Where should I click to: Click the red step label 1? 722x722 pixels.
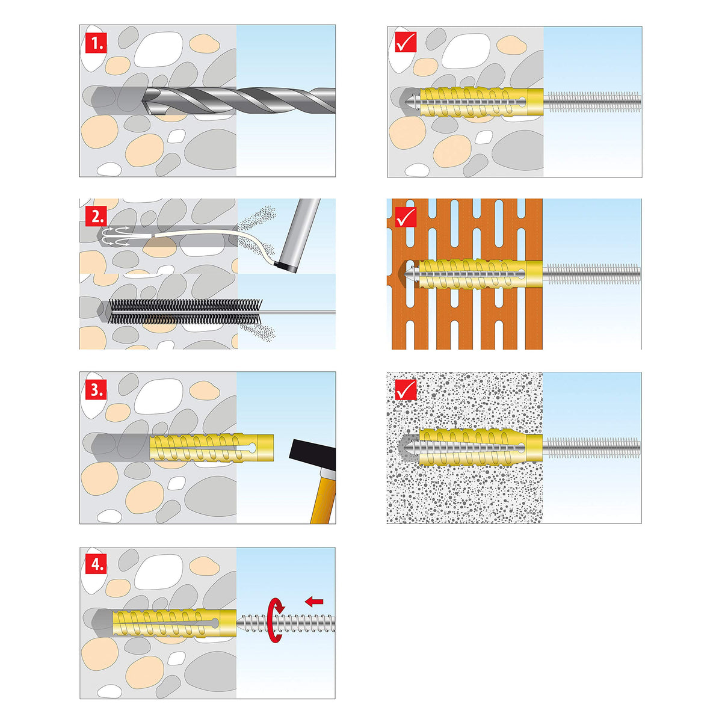[x=96, y=43]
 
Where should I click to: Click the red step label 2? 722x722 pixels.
[x=96, y=216]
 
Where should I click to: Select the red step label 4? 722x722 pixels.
[x=96, y=564]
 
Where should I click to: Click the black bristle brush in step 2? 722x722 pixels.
[x=185, y=311]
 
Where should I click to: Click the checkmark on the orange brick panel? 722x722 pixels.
[x=406, y=217]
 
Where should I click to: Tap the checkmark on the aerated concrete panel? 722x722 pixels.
[x=406, y=390]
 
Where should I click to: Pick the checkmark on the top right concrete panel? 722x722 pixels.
[x=406, y=42]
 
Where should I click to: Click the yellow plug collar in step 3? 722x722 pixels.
[x=265, y=448]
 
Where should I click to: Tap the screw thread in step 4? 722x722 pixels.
[x=286, y=623]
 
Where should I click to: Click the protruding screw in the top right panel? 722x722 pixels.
[x=592, y=101]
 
